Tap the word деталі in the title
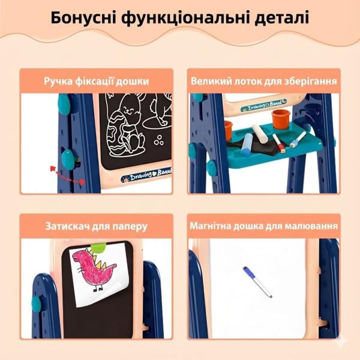point(282,17)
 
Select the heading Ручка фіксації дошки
point(97,81)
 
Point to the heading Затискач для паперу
point(97,226)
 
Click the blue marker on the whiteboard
point(257,282)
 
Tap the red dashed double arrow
point(67,175)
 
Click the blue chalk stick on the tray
point(247,145)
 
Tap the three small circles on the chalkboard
point(158,140)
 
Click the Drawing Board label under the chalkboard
point(146,175)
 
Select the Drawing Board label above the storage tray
point(264,105)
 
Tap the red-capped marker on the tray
point(279,143)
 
